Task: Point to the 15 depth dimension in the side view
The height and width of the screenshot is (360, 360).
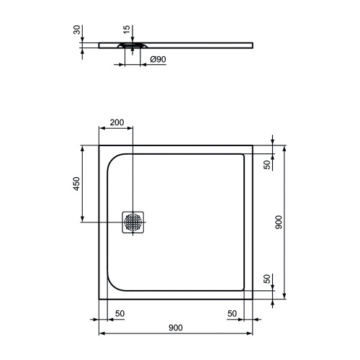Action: pos(127,30)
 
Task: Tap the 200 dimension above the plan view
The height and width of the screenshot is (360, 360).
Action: pos(115,122)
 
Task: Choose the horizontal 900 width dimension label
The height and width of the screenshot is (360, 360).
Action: pos(175,328)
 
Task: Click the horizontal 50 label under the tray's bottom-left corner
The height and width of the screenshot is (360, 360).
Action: pos(120,313)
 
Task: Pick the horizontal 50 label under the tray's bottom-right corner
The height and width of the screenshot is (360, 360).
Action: pos(232,313)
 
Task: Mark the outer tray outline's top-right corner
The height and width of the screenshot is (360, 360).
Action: pos(253,144)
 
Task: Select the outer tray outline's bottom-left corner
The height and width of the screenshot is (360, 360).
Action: pos(99,299)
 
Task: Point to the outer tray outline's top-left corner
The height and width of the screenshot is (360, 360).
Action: pos(99,144)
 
